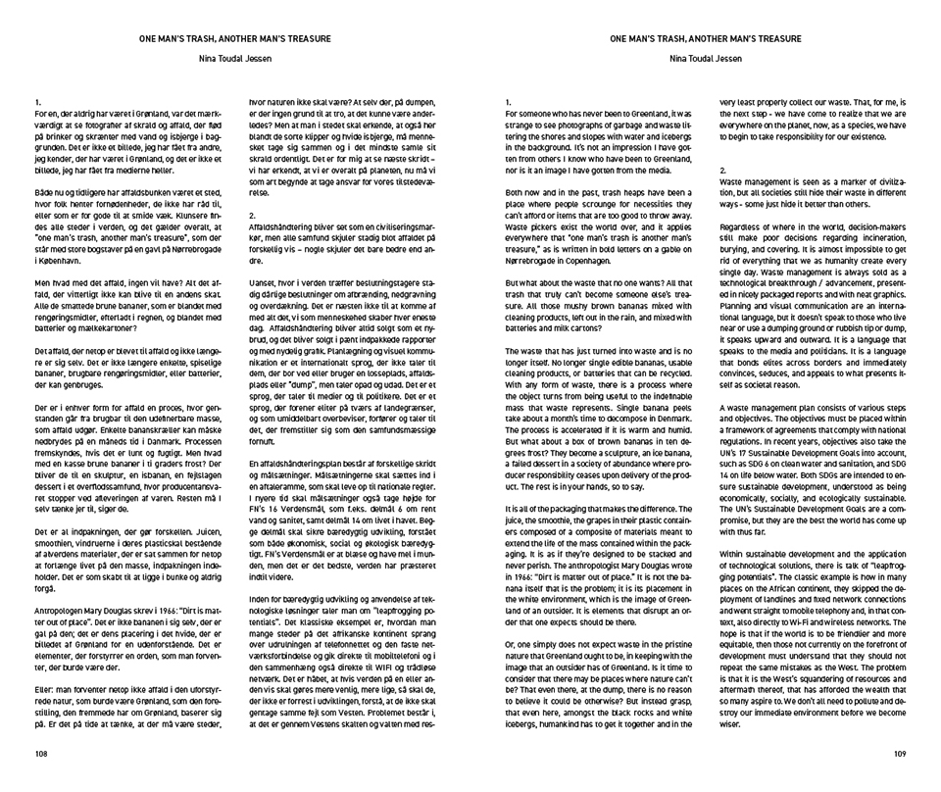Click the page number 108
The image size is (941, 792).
(x=41, y=755)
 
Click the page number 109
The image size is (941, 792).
(x=901, y=755)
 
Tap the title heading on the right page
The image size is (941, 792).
(x=705, y=39)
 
